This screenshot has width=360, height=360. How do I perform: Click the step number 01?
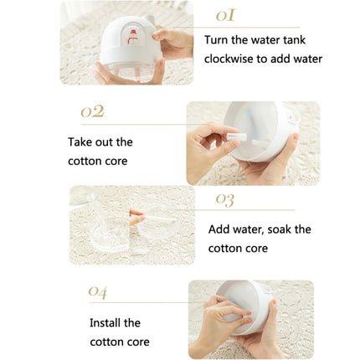(225, 15)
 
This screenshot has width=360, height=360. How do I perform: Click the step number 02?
(92, 111)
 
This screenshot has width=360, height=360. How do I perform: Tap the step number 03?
(224, 199)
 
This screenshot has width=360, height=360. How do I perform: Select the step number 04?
(98, 291)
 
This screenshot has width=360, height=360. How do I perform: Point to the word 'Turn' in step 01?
(218, 40)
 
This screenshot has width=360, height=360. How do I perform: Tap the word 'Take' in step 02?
(81, 142)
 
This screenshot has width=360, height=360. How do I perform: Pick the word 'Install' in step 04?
(106, 323)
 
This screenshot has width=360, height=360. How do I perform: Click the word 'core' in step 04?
(136, 342)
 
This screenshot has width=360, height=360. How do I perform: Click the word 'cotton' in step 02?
(85, 161)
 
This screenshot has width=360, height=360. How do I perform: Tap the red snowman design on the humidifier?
(131, 35)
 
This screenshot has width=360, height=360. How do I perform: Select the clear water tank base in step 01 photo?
(130, 71)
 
